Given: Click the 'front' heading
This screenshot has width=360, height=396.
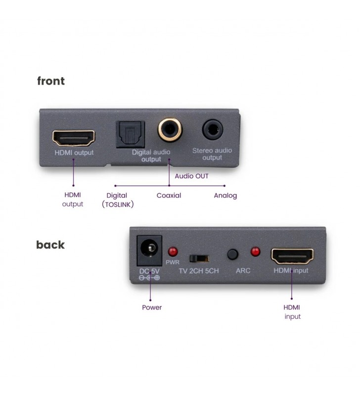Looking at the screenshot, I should (x=51, y=81).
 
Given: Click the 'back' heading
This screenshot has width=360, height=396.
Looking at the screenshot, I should (x=50, y=245).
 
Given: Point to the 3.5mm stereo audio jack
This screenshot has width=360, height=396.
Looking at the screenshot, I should (x=212, y=130).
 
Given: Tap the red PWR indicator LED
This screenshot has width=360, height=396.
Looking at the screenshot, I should (x=173, y=251).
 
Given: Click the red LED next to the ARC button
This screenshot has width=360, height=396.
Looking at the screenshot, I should (x=255, y=251).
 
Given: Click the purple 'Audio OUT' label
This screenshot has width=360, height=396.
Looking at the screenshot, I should (x=192, y=176).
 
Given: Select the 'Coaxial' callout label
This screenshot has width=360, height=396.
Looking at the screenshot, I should (x=169, y=196).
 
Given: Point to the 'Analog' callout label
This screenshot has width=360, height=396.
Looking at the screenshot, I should (x=225, y=196).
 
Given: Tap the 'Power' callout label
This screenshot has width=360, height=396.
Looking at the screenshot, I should (x=152, y=307).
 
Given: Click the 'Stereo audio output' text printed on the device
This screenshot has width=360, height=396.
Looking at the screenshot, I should (x=212, y=154).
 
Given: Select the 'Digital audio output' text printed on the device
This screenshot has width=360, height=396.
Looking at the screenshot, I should (x=151, y=155).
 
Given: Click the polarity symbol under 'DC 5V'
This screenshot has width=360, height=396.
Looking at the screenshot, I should (x=149, y=278).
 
